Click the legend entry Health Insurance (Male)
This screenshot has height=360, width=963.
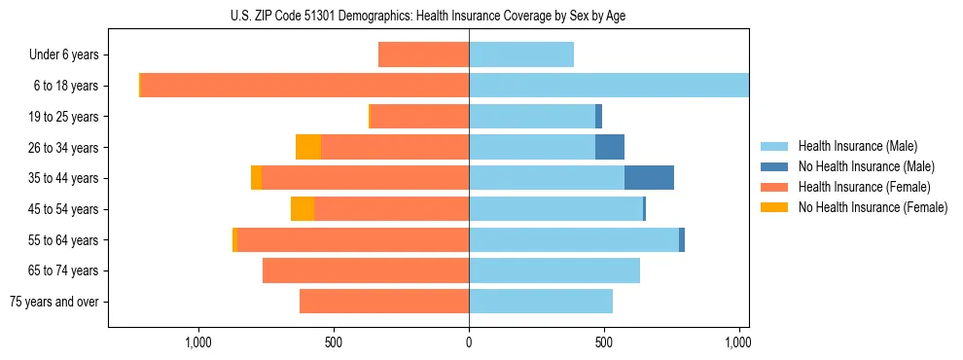click(856, 146)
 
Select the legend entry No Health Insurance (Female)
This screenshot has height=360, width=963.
click(873, 207)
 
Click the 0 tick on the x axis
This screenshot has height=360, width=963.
click(469, 342)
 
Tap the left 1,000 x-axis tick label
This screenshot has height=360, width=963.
click(197, 342)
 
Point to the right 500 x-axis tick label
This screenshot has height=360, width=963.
click(604, 342)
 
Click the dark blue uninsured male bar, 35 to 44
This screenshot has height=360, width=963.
click(649, 178)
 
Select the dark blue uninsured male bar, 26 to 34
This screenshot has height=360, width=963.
click(610, 147)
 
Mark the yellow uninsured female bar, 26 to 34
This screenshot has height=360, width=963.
click(308, 147)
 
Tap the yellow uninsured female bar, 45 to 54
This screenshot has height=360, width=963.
click(303, 209)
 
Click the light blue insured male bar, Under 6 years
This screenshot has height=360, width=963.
click(521, 55)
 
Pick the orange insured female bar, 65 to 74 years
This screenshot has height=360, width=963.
click(366, 270)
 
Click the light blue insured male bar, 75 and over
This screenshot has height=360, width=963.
click(541, 302)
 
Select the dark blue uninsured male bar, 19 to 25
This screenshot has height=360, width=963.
click(598, 117)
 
